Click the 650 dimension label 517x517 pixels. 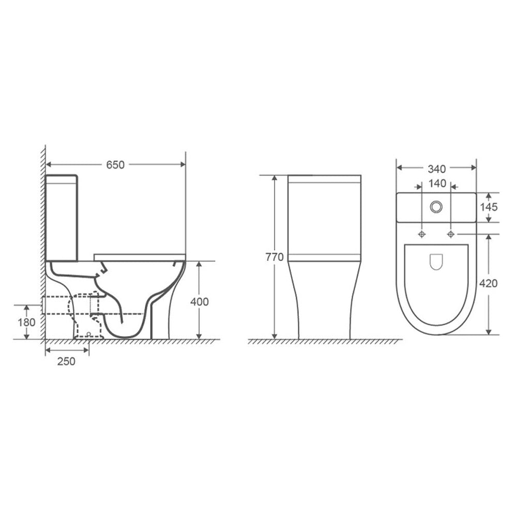[115, 165]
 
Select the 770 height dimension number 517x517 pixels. [274, 257]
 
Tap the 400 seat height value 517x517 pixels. [199, 301]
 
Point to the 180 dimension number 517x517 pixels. [26, 322]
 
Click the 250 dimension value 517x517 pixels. [66, 361]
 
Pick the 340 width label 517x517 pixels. [436, 168]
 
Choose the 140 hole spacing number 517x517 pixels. [436, 184]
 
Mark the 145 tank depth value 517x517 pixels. [488, 207]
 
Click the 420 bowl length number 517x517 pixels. [488, 283]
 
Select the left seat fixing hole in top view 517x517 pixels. [422, 234]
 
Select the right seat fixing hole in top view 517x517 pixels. [451, 234]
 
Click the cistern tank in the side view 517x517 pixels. [62, 217]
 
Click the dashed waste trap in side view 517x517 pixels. [83, 315]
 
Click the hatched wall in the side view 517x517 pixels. [42, 233]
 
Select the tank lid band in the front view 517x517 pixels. [325, 179]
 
